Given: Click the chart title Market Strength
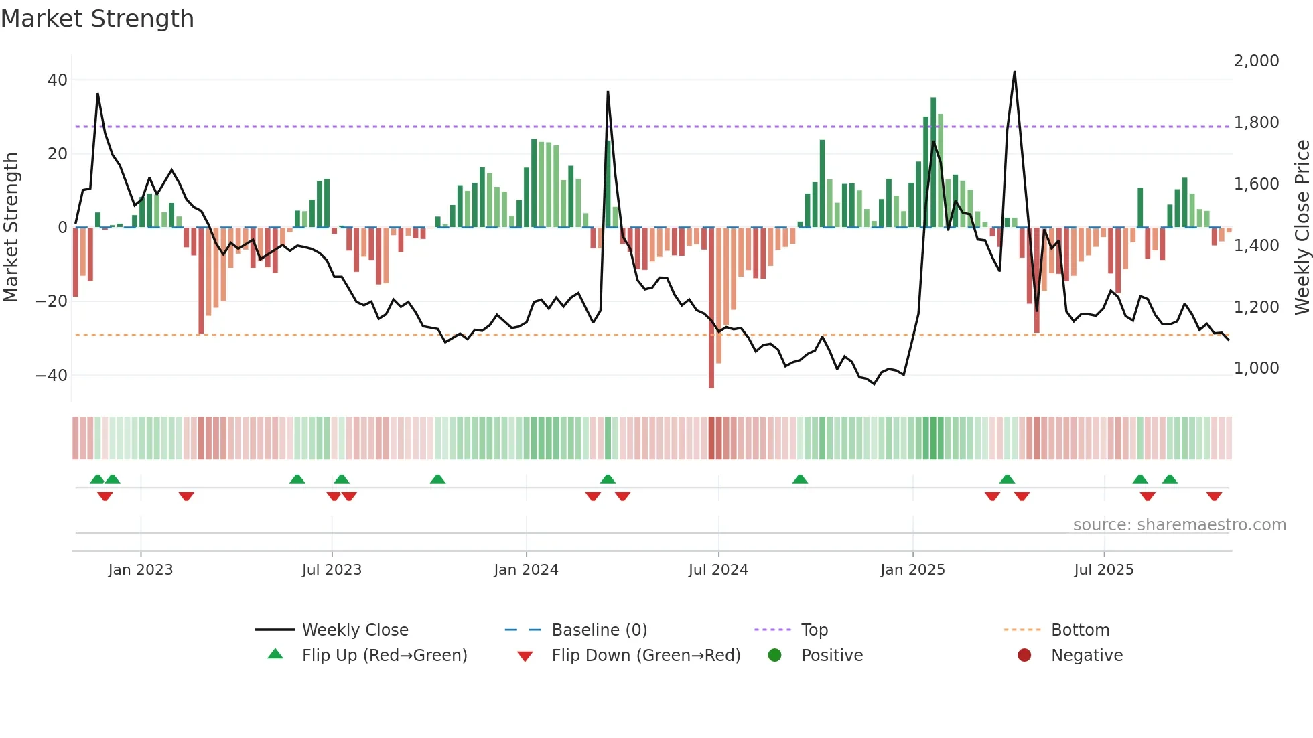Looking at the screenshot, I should (x=97, y=19).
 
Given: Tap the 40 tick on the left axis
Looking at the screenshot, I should (x=57, y=80).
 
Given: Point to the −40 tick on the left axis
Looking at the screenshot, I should (x=52, y=375).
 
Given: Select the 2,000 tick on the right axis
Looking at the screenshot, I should (x=1256, y=61).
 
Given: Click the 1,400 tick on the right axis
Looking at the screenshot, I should (x=1256, y=246).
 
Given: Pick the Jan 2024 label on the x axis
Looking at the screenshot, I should (x=526, y=570).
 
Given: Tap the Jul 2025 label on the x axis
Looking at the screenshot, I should (x=1103, y=570).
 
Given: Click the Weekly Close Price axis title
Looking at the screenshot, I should (x=1302, y=228).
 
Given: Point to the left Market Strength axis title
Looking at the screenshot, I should (x=11, y=228).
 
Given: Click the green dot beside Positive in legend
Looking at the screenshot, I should (x=774, y=656).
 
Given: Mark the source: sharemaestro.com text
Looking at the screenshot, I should (x=1179, y=525).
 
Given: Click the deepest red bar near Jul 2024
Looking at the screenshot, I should (x=711, y=308).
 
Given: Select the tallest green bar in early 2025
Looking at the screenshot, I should (x=932, y=163).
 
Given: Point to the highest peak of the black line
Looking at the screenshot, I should (x=1014, y=72).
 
